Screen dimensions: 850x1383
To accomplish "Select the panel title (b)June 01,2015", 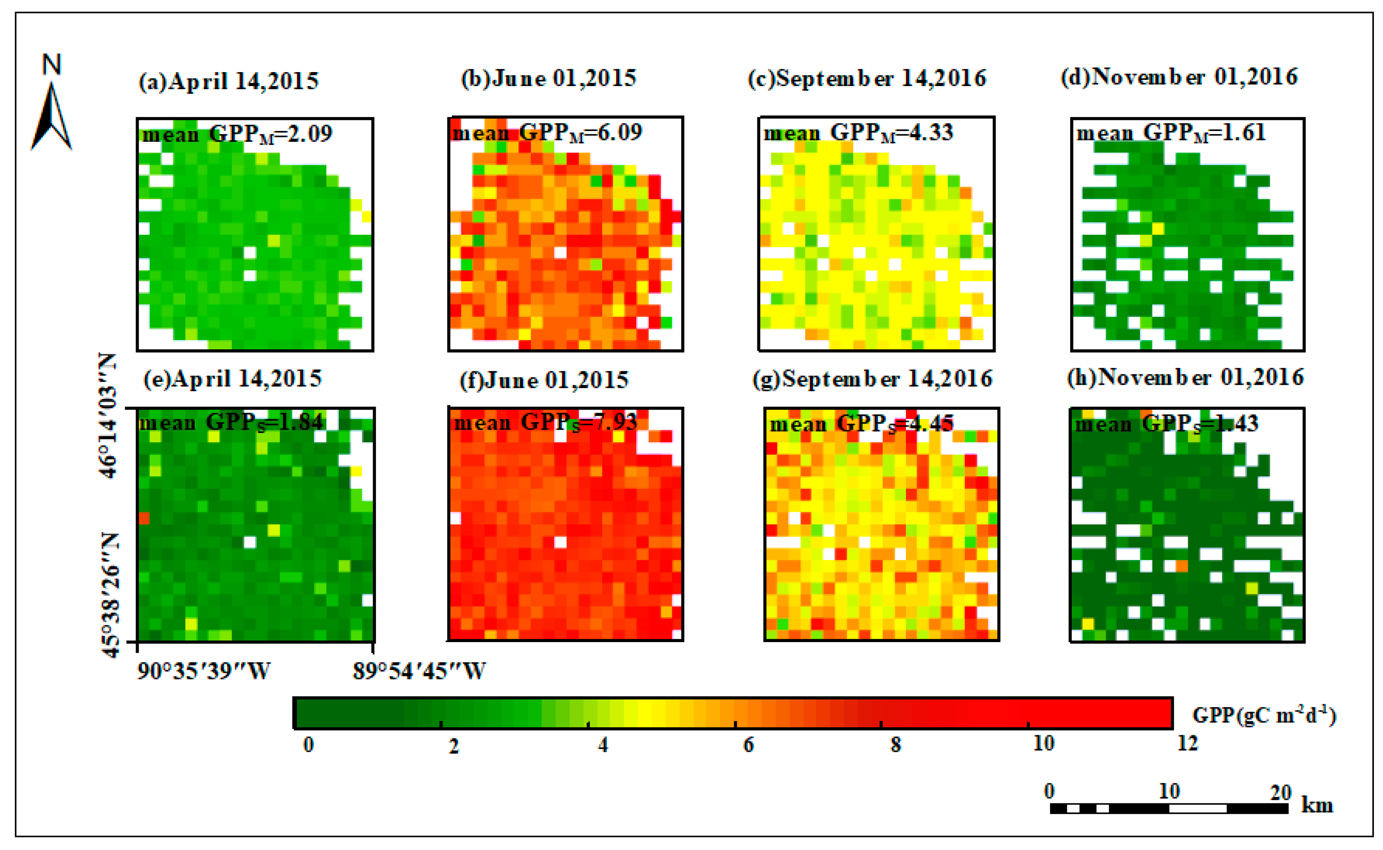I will tap(548, 78).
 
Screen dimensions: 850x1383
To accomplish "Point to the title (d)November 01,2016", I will tap(1179, 77).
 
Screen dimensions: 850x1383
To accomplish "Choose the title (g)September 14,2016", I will tap(872, 379).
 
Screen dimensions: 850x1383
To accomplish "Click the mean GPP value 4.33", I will tap(931, 133).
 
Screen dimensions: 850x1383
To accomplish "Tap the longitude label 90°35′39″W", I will tap(204, 671).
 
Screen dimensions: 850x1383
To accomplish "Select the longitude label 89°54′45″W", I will tap(419, 671).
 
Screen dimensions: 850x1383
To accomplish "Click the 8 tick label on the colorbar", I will tap(896, 745).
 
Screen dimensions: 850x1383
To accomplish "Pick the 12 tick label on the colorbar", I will tap(1187, 744).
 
